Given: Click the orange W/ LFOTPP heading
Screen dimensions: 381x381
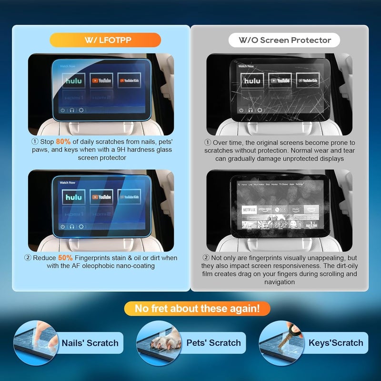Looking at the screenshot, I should [x=105, y=40].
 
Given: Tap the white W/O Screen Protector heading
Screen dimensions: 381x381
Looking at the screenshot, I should [x=285, y=40].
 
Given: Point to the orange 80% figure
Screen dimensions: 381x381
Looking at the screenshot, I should [x=63, y=142].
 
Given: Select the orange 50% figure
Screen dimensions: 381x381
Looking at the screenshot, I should [x=66, y=258].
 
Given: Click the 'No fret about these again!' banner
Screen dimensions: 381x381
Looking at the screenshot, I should [x=197, y=309].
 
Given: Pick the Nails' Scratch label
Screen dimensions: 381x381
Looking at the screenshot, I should [x=90, y=343].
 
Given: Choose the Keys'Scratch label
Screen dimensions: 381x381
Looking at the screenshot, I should [x=336, y=343].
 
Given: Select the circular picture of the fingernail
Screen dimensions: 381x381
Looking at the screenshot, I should [x=33, y=343].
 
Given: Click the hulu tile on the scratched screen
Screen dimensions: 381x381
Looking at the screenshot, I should [x=252, y=81].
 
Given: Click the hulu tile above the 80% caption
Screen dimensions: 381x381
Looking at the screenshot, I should [x=73, y=81].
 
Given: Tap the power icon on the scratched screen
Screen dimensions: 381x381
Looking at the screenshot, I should [x=241, y=110].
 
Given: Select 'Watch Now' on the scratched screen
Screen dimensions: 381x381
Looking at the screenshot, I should [x=246, y=66].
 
